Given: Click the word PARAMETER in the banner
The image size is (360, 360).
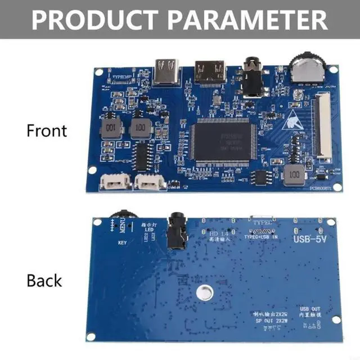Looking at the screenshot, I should pos(247,19).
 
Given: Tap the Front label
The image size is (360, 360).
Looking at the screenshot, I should pos(47,130).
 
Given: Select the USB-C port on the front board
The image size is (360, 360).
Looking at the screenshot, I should pos(166,72).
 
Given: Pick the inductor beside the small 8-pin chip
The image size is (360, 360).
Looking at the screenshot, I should pos(292,175).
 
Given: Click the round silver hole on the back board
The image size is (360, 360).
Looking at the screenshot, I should pos(203,292).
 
